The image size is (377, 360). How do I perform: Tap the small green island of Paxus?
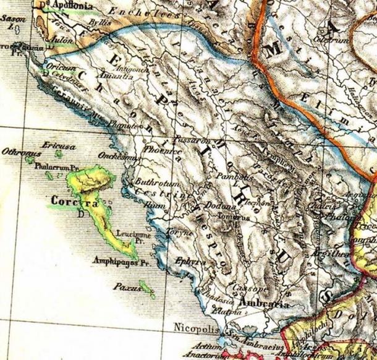147,288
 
